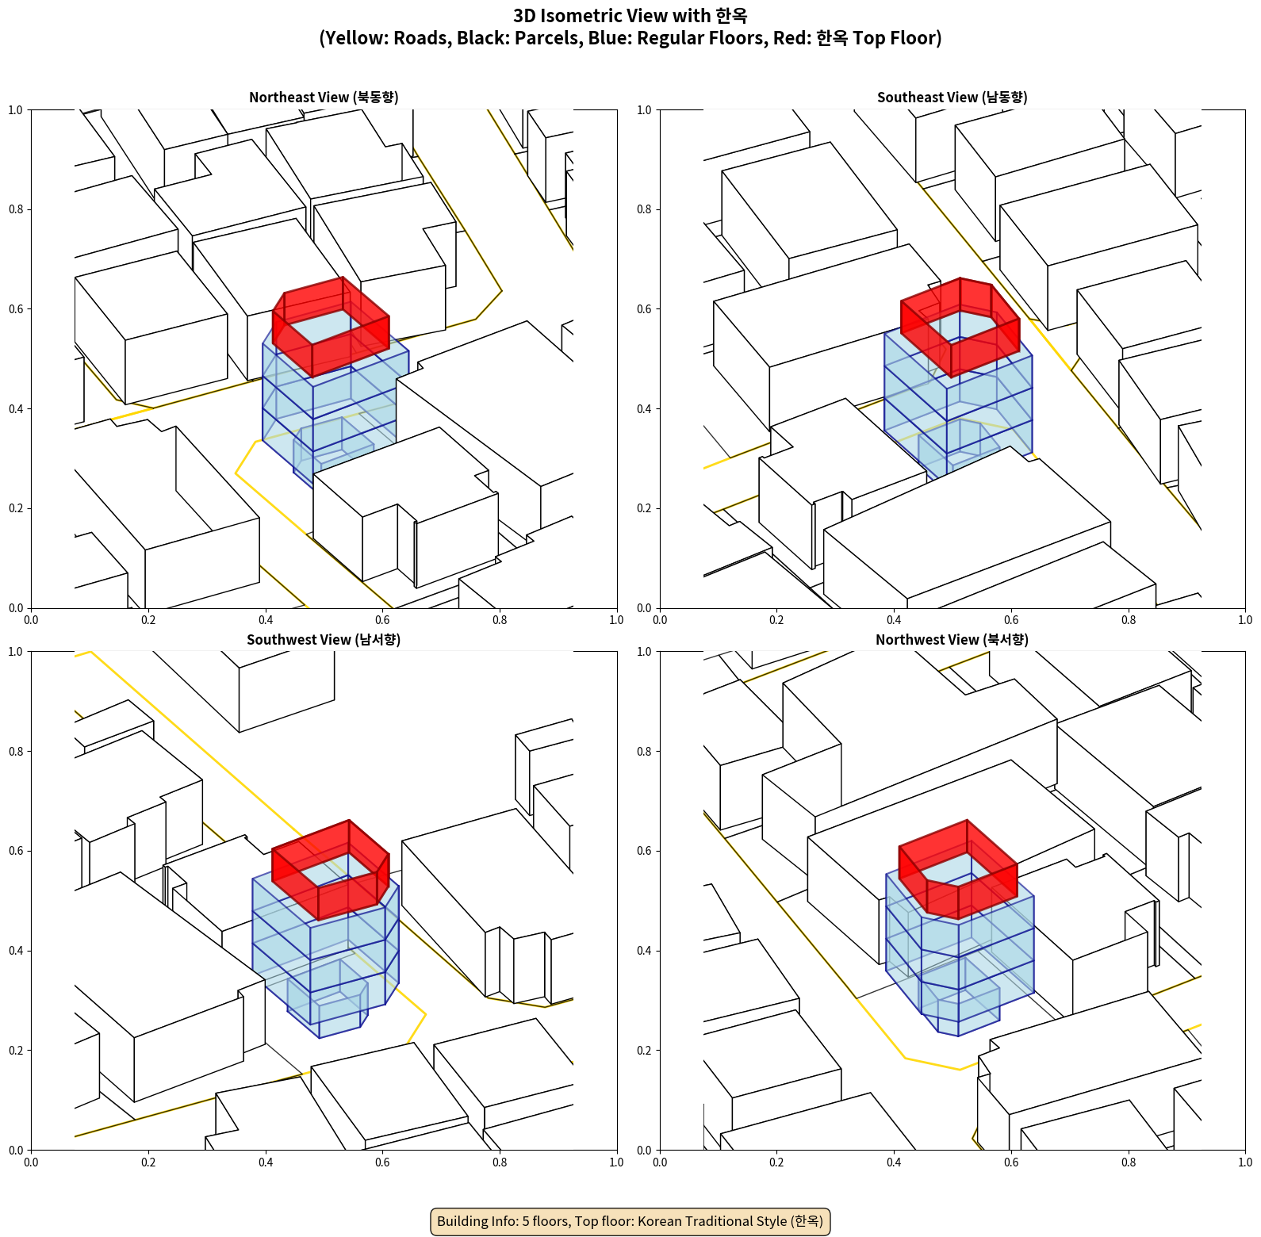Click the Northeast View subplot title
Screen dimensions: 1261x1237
[x=324, y=98]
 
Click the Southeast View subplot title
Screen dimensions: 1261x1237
[x=952, y=98]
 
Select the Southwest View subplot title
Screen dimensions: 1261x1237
[x=324, y=640]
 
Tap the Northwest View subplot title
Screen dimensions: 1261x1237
[x=952, y=640]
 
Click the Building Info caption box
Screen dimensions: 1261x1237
[x=630, y=1221]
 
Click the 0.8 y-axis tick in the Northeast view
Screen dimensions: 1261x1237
[x=16, y=209]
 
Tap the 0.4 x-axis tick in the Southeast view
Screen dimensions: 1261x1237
[x=894, y=620]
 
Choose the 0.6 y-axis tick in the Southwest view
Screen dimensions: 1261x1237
[x=16, y=851]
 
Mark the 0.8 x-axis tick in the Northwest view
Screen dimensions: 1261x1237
[x=1129, y=1162]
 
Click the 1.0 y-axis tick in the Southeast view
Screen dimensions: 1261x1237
[x=644, y=110]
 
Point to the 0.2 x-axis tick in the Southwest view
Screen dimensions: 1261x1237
[x=148, y=1162]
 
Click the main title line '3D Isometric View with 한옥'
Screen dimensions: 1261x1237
[x=630, y=16]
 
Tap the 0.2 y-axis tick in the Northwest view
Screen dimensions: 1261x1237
[x=644, y=1051]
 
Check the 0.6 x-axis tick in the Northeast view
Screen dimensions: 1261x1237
[x=382, y=620]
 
